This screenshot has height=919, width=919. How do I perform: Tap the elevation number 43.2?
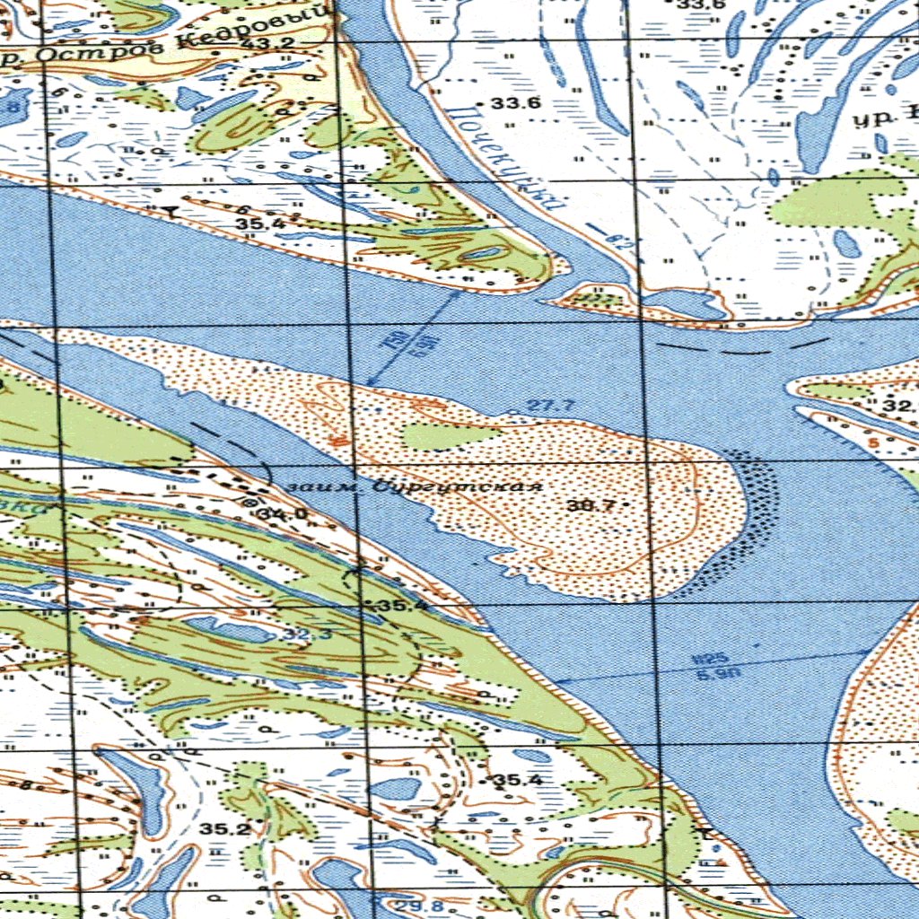pyautogui.click(x=254, y=44)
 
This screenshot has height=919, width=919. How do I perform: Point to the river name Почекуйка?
pyautogui.click(x=507, y=158)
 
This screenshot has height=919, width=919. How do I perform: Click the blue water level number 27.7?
pyautogui.click(x=550, y=406)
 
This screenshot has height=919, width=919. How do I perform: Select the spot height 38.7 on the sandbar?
pyautogui.click(x=591, y=505)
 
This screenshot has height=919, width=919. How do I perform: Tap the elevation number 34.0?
pyautogui.click(x=281, y=514)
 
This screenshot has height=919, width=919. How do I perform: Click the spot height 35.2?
pyautogui.click(x=225, y=829)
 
